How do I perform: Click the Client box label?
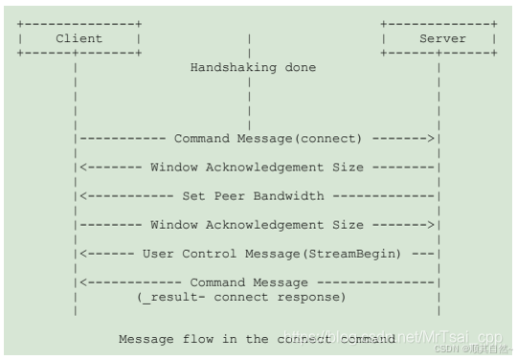coord(79,38)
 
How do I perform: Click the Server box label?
coord(442,38)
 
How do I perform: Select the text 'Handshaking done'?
coord(253,68)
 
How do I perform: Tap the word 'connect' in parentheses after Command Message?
coord(330,139)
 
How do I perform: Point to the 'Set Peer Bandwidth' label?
coord(253,196)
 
